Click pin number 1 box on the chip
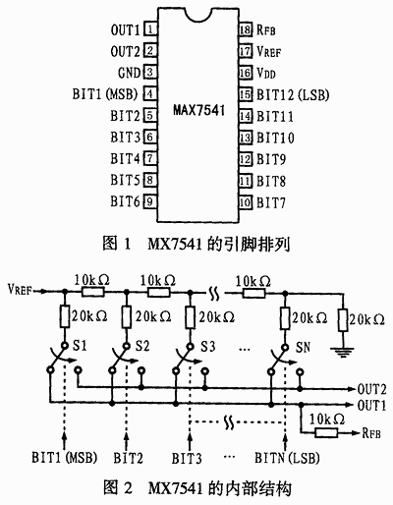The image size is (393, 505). (150, 29)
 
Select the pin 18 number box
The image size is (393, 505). (246, 29)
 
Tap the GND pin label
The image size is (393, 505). (129, 73)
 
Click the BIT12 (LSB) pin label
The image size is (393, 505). (293, 95)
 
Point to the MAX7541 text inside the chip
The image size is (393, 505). (198, 110)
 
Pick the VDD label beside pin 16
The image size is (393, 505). (266, 73)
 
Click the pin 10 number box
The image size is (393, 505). (246, 202)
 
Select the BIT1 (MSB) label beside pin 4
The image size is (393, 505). (105, 94)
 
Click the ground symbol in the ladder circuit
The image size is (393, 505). (343, 352)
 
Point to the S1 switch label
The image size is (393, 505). (80, 346)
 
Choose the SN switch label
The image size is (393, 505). (303, 347)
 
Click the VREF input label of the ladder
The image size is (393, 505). (20, 290)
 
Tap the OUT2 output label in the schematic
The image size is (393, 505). (371, 389)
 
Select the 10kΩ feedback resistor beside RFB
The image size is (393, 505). (326, 433)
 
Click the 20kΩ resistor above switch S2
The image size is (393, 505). (127, 316)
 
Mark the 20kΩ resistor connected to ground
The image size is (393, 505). (343, 318)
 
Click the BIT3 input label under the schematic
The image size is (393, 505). (187, 458)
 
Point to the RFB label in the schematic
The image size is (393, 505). (371, 433)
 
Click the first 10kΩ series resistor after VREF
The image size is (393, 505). (93, 292)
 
